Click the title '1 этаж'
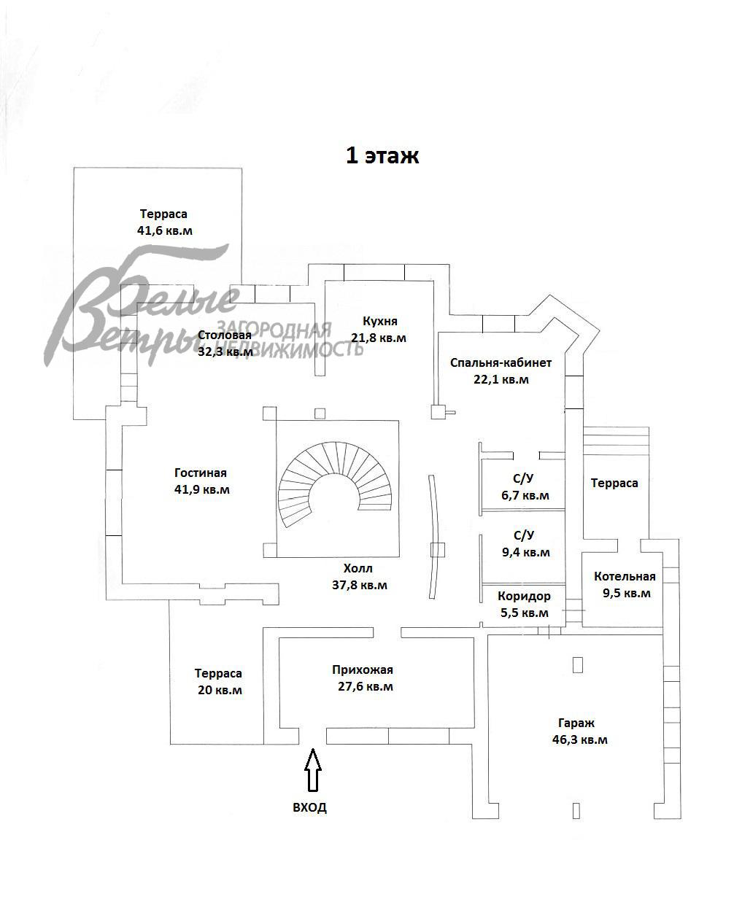pyautogui.click(x=382, y=155)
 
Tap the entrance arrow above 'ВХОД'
pyautogui.click(x=313, y=770)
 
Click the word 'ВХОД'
pyautogui.click(x=310, y=807)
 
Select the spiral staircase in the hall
pyautogui.click(x=335, y=484)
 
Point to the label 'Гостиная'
pyautogui.click(x=201, y=473)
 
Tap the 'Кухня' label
pyautogui.click(x=380, y=321)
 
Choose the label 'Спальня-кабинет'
pyautogui.click(x=501, y=362)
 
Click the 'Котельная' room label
pyautogui.click(x=625, y=577)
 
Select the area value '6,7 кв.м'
pyautogui.click(x=525, y=495)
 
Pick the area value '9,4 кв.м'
pyautogui.click(x=526, y=553)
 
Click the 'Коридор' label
pyautogui.click(x=524, y=597)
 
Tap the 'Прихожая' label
pyautogui.click(x=363, y=670)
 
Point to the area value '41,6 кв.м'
pyautogui.click(x=165, y=231)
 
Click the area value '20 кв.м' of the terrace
pyautogui.click(x=220, y=690)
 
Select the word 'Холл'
pyautogui.click(x=358, y=568)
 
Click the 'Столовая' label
pyautogui.click(x=225, y=335)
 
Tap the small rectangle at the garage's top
pyautogui.click(x=577, y=665)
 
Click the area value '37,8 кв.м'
pyautogui.click(x=360, y=586)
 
